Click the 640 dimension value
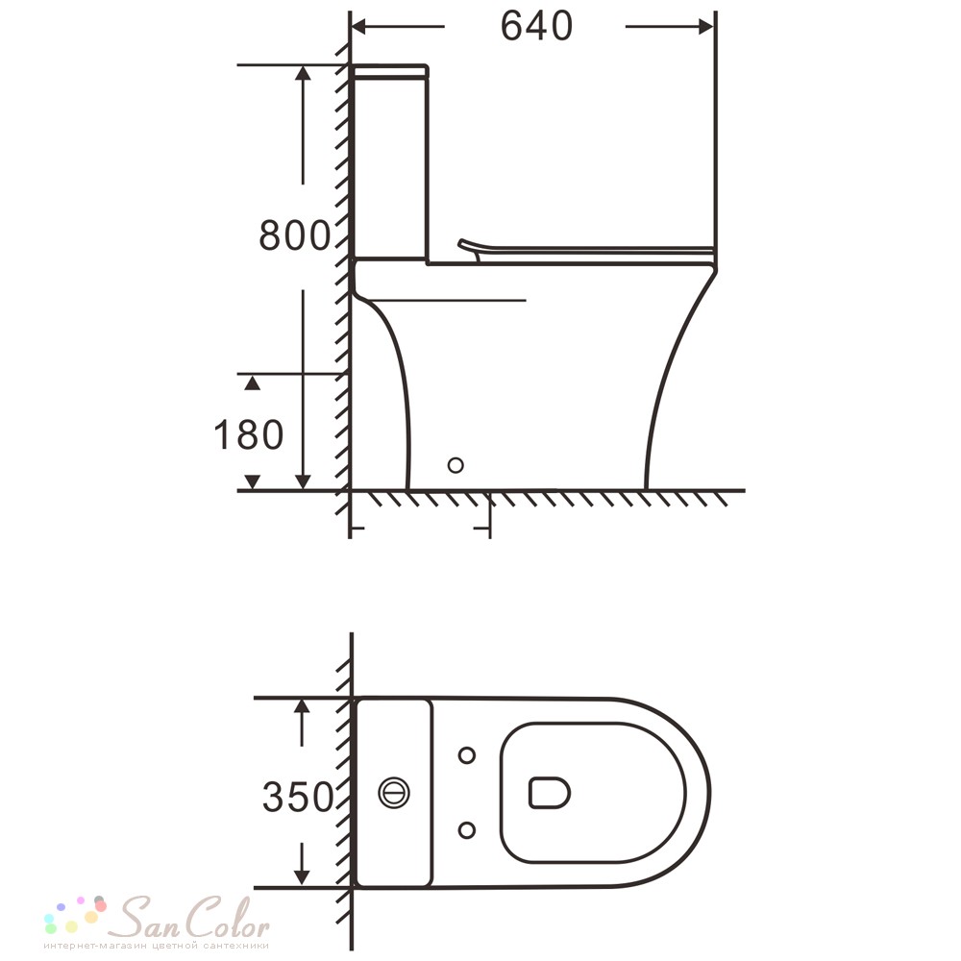click(x=537, y=26)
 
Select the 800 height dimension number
click(x=294, y=235)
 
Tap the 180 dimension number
click(x=248, y=434)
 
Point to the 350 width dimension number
click(x=298, y=797)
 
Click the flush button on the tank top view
click(x=394, y=793)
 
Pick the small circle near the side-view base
click(x=456, y=465)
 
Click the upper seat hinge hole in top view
click(x=467, y=755)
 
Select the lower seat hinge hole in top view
click(x=467, y=830)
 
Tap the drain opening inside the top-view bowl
click(x=549, y=793)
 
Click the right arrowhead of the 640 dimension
click(x=705, y=26)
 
